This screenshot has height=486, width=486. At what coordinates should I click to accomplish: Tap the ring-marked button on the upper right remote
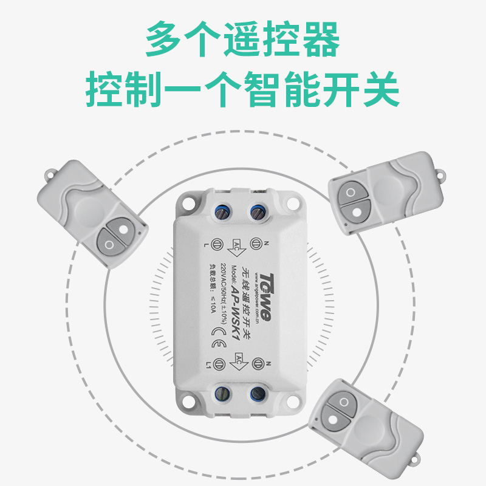[351, 194]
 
